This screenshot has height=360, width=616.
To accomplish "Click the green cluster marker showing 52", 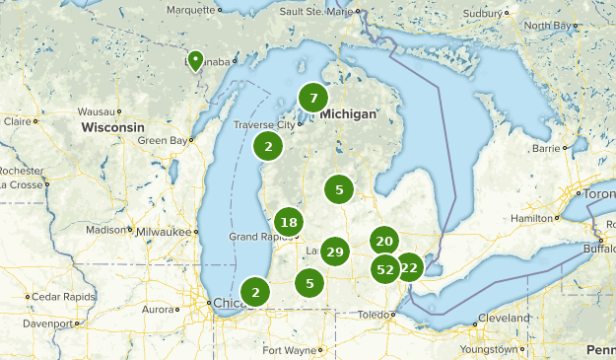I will (x=385, y=268).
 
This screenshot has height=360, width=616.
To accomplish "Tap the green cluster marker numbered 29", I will (x=335, y=252).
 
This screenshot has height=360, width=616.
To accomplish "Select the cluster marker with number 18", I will (x=288, y=222).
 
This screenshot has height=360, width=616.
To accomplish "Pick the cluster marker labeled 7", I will (x=313, y=98).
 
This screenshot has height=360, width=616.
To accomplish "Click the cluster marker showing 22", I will (x=409, y=267).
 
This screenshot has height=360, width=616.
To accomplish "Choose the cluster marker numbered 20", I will (x=384, y=241).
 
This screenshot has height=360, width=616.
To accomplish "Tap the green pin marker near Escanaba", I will (x=195, y=61).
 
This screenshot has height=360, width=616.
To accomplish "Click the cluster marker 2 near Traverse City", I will (x=268, y=146).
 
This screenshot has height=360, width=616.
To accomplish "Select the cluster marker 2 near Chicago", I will (x=256, y=291).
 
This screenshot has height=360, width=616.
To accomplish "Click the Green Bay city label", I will (x=163, y=141).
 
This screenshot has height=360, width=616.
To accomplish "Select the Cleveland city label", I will (x=503, y=318).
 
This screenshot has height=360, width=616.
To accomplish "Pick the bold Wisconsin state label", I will (x=112, y=128).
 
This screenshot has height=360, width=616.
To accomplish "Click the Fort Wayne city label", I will (x=289, y=350).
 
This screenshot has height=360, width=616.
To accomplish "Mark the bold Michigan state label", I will (x=346, y=114).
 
